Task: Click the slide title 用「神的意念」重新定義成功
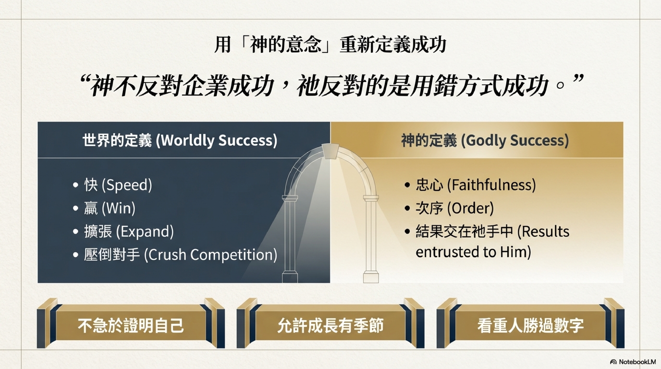330,45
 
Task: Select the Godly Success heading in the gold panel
485,140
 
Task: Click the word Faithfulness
491,184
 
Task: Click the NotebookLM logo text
637,362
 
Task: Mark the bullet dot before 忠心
407,185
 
